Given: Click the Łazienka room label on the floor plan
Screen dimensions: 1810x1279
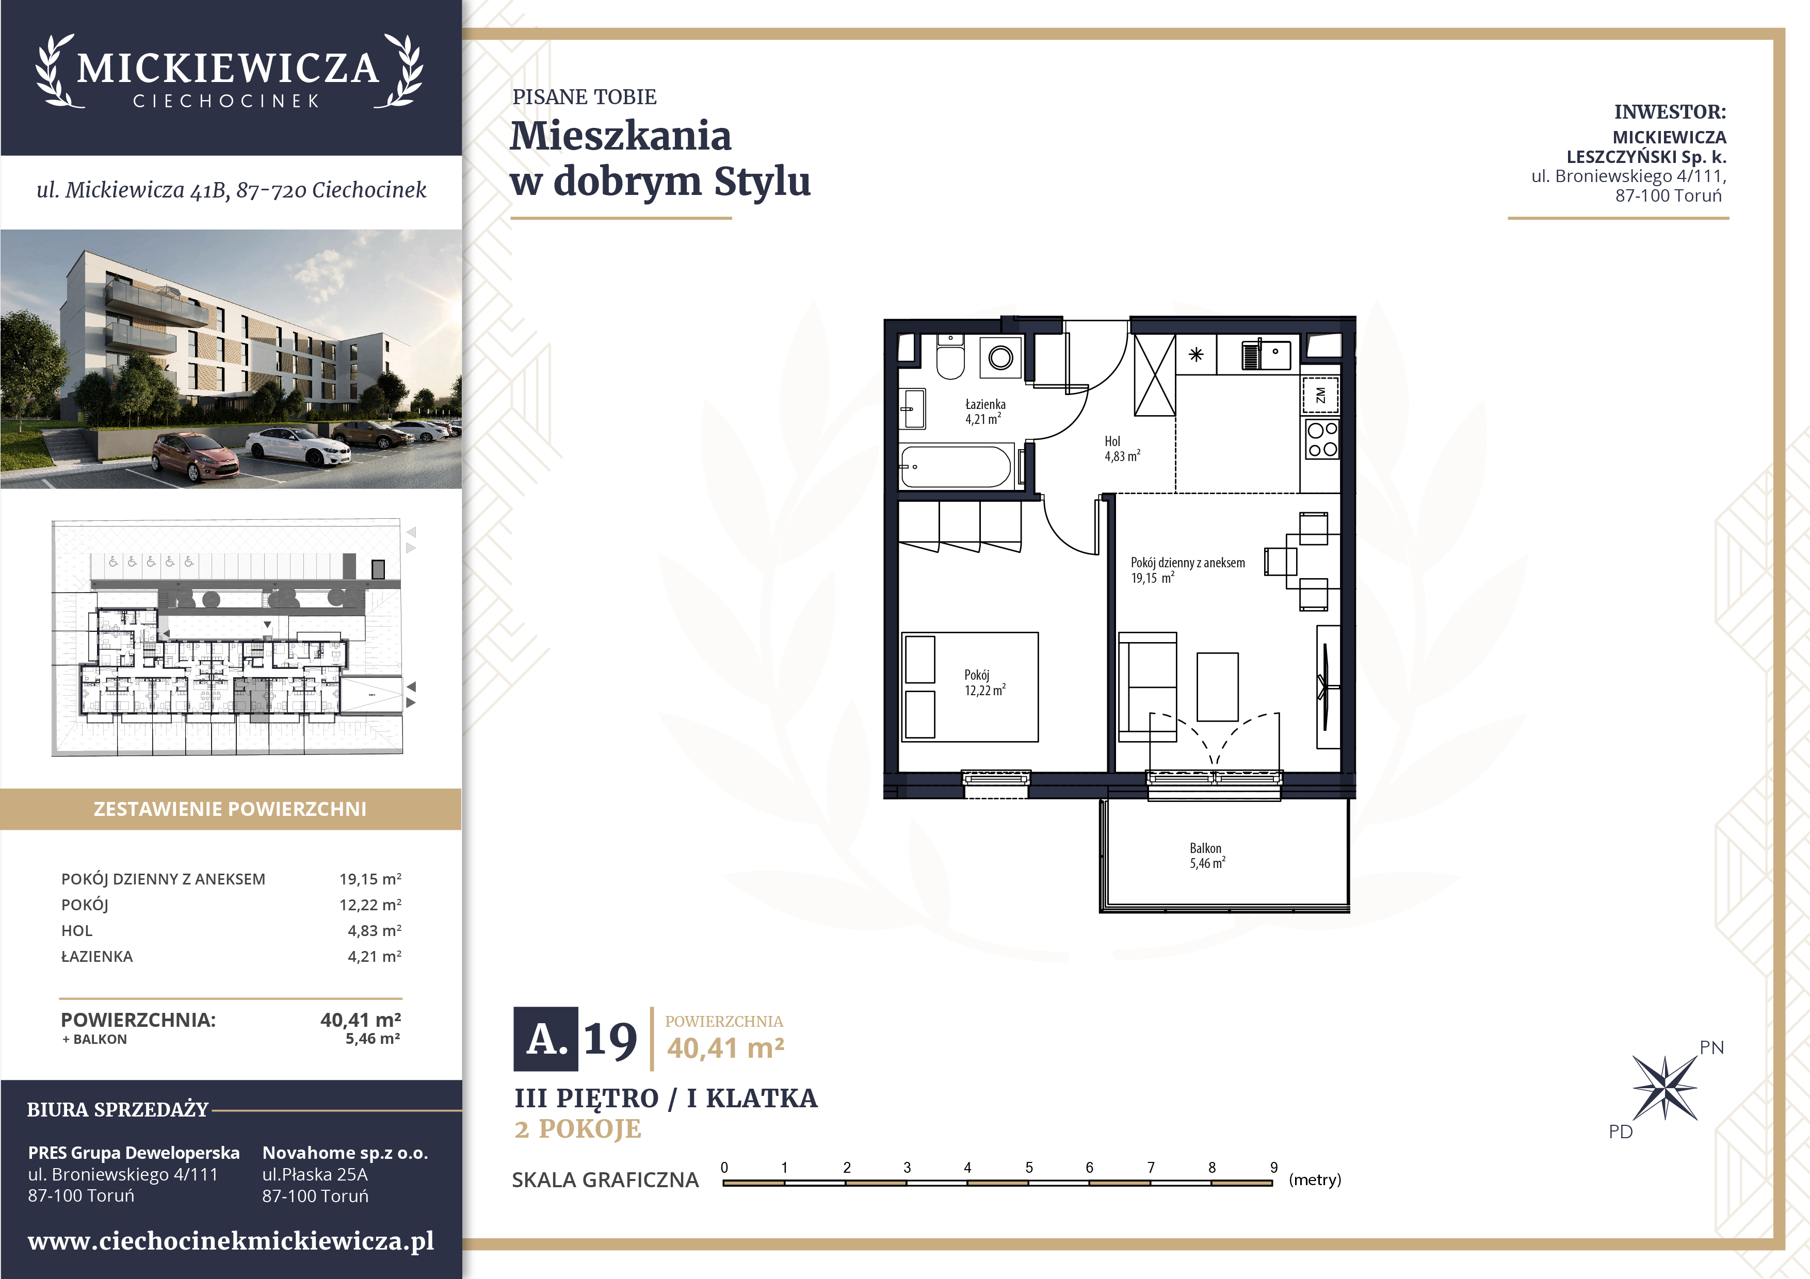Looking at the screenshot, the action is click(x=985, y=404).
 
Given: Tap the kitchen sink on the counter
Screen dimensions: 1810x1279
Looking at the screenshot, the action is click(x=1267, y=355).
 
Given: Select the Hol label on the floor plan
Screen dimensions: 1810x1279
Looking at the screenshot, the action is click(x=1112, y=441).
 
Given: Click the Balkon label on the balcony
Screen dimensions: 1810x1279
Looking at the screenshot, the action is click(x=1205, y=848).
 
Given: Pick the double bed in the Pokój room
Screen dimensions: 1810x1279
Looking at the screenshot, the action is click(x=969, y=687).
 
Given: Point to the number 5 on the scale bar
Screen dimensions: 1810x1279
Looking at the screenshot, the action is click(x=1029, y=1167).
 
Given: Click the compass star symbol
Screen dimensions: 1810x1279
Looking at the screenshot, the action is click(x=1665, y=1088).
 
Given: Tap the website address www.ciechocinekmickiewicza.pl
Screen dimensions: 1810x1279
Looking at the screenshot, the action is click(x=231, y=1241).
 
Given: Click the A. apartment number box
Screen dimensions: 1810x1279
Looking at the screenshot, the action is click(x=545, y=1039).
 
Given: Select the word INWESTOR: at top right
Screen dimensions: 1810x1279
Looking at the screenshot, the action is click(x=1670, y=112).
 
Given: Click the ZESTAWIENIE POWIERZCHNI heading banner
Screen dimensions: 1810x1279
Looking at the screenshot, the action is click(x=230, y=809).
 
